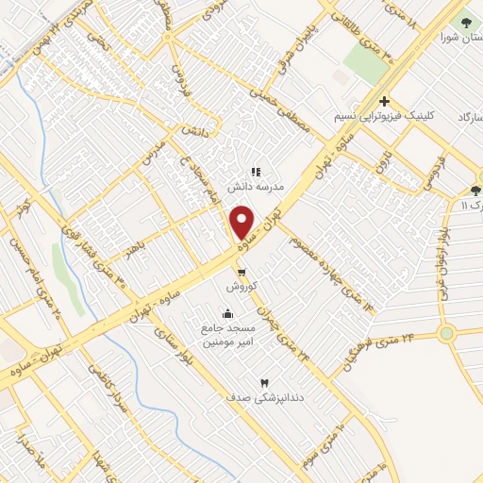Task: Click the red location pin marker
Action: tap(242, 223)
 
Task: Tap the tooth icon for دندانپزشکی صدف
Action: tap(263, 383)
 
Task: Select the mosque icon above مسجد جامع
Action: tap(226, 314)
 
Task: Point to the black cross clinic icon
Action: tap(384, 101)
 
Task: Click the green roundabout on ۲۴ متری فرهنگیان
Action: tap(445, 333)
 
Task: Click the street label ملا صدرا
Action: tap(39, 459)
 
